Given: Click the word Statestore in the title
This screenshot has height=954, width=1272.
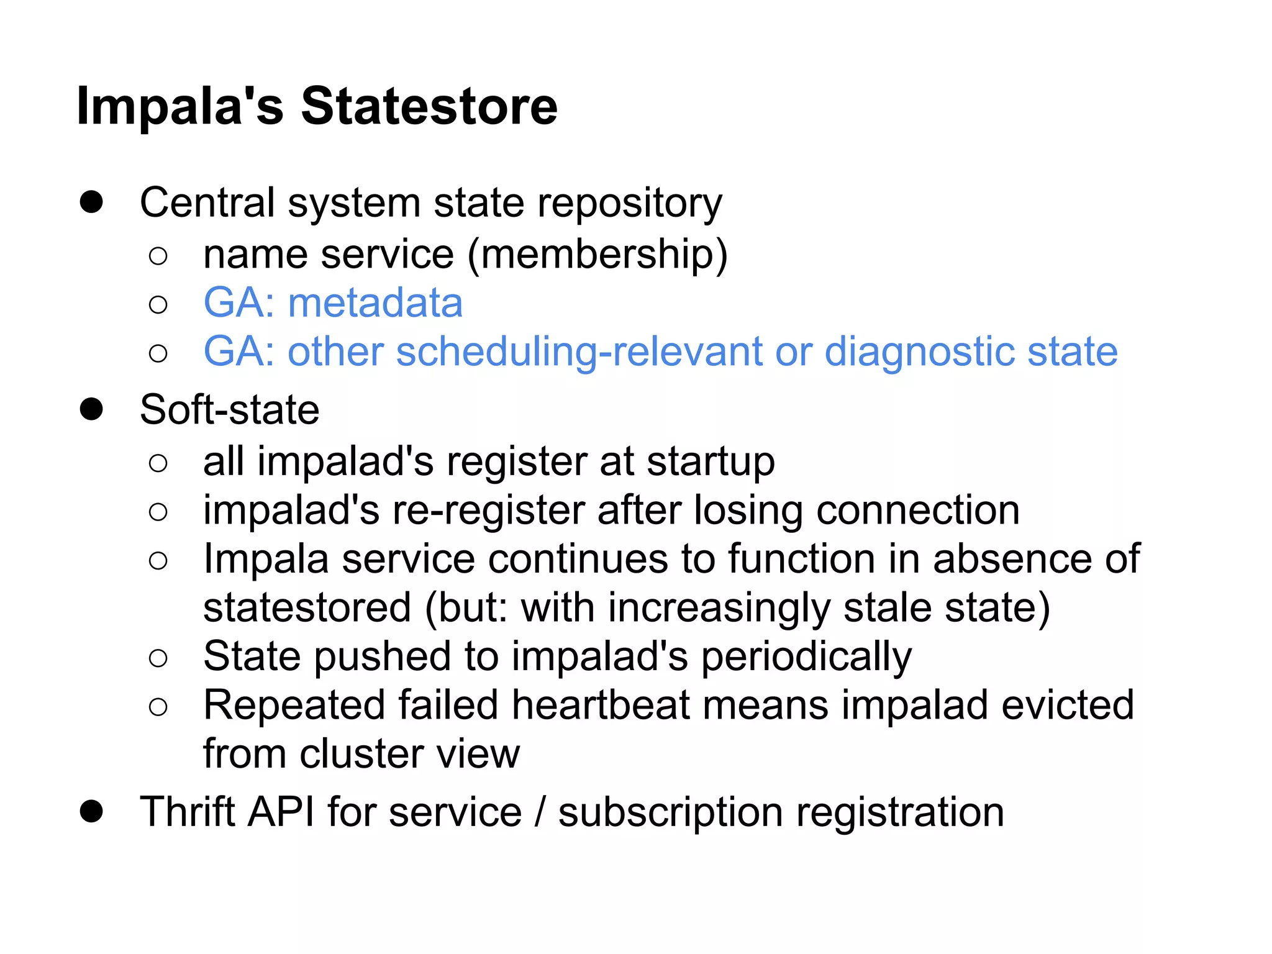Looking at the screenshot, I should click(x=429, y=106).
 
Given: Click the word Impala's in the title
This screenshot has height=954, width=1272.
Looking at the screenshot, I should click(x=180, y=106).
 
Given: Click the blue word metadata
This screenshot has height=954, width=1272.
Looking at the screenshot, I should click(x=375, y=303).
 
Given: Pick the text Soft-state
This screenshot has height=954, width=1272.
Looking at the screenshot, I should click(x=229, y=410).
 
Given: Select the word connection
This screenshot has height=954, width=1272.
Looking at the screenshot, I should click(x=918, y=511).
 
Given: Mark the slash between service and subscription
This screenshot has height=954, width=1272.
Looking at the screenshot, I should click(x=540, y=812).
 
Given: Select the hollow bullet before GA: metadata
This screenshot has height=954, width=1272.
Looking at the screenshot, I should click(x=158, y=304).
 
